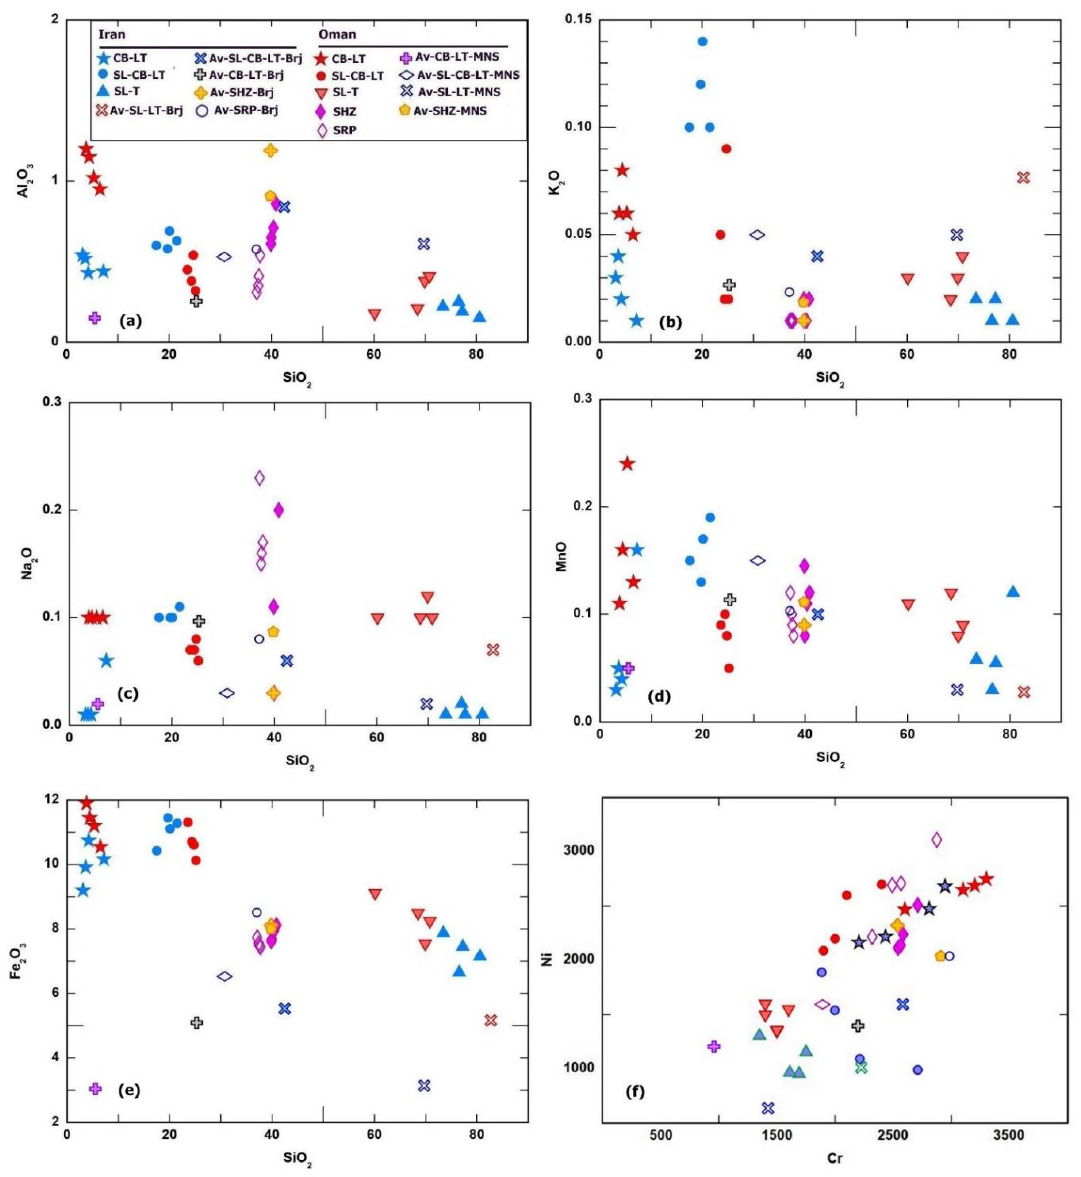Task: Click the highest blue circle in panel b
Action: coord(702,41)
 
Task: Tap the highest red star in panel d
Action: coord(627,464)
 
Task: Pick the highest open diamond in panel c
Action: coord(259,478)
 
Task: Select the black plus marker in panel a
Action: coord(197,301)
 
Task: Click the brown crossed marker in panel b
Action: coord(1023,177)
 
